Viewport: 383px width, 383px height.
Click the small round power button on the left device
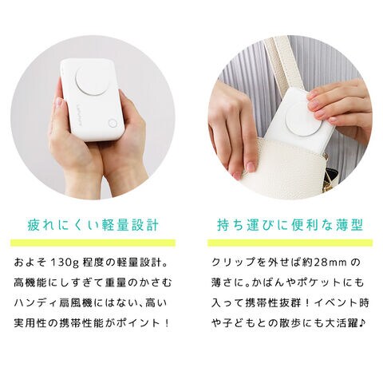point(113,124)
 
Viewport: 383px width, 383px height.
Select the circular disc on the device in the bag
point(304,119)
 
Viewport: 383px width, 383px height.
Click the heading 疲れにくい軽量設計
point(93,225)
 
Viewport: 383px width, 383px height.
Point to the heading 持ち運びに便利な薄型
point(290,225)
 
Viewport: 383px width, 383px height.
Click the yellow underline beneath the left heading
point(93,243)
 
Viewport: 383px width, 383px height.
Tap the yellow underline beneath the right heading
point(290,243)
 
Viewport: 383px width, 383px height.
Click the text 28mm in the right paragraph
point(330,263)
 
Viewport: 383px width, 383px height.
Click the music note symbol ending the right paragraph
point(362,323)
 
